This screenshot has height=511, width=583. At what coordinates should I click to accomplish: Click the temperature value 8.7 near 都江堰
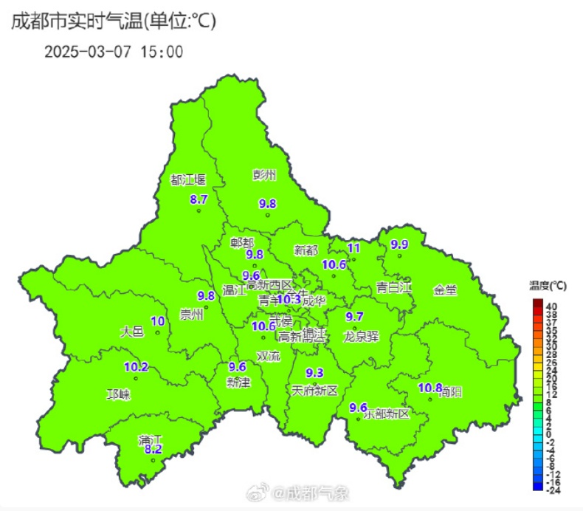[199, 199]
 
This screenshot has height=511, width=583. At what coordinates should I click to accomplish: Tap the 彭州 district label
[263, 176]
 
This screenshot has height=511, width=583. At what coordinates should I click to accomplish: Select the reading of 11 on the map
[353, 248]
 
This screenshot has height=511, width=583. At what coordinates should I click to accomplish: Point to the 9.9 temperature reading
[399, 244]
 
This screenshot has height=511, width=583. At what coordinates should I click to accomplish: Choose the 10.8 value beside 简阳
[430, 388]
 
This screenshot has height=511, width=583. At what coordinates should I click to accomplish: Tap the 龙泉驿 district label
[361, 337]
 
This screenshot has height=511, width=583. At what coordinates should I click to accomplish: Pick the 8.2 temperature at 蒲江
[153, 449]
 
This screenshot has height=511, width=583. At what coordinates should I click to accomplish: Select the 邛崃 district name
[118, 394]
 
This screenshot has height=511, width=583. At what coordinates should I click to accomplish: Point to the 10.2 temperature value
[136, 366]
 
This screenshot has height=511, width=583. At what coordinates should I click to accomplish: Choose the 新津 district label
[238, 383]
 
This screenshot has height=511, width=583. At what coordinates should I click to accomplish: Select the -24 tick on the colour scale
[551, 490]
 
